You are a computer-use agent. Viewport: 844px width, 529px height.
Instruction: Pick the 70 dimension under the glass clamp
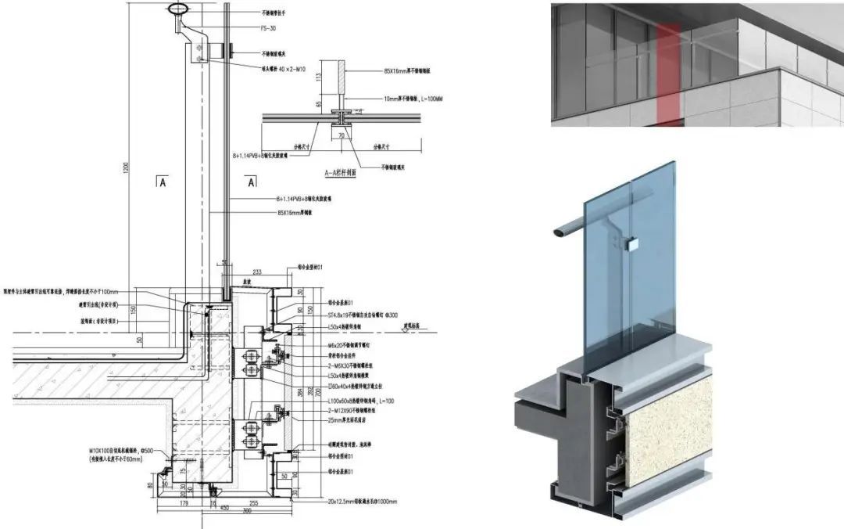342,135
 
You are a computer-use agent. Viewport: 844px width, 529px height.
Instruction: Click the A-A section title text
340,175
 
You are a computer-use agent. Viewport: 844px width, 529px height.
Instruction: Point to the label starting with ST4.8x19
352,311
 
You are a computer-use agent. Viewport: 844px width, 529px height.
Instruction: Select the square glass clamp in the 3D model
634,243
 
